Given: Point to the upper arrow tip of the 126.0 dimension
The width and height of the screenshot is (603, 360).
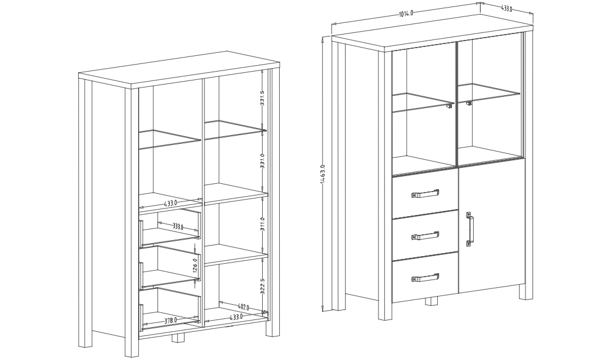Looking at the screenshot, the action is (195, 243).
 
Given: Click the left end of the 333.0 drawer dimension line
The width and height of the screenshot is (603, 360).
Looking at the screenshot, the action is (158, 222).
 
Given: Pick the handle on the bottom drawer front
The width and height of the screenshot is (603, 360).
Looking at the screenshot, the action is (425, 277).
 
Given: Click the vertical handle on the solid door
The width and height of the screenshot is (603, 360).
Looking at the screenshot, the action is (470, 228).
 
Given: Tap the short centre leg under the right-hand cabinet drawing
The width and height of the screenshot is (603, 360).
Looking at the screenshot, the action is (431, 301).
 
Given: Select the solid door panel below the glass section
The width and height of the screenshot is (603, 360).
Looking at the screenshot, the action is (491, 226).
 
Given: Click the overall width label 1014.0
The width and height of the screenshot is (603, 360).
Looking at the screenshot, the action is (406, 14).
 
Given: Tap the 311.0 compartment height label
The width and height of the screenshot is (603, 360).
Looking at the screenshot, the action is (262, 224).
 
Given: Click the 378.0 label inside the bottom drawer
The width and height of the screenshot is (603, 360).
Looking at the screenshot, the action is (170, 320).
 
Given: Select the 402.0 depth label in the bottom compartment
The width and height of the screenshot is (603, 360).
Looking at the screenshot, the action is (243, 307).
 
